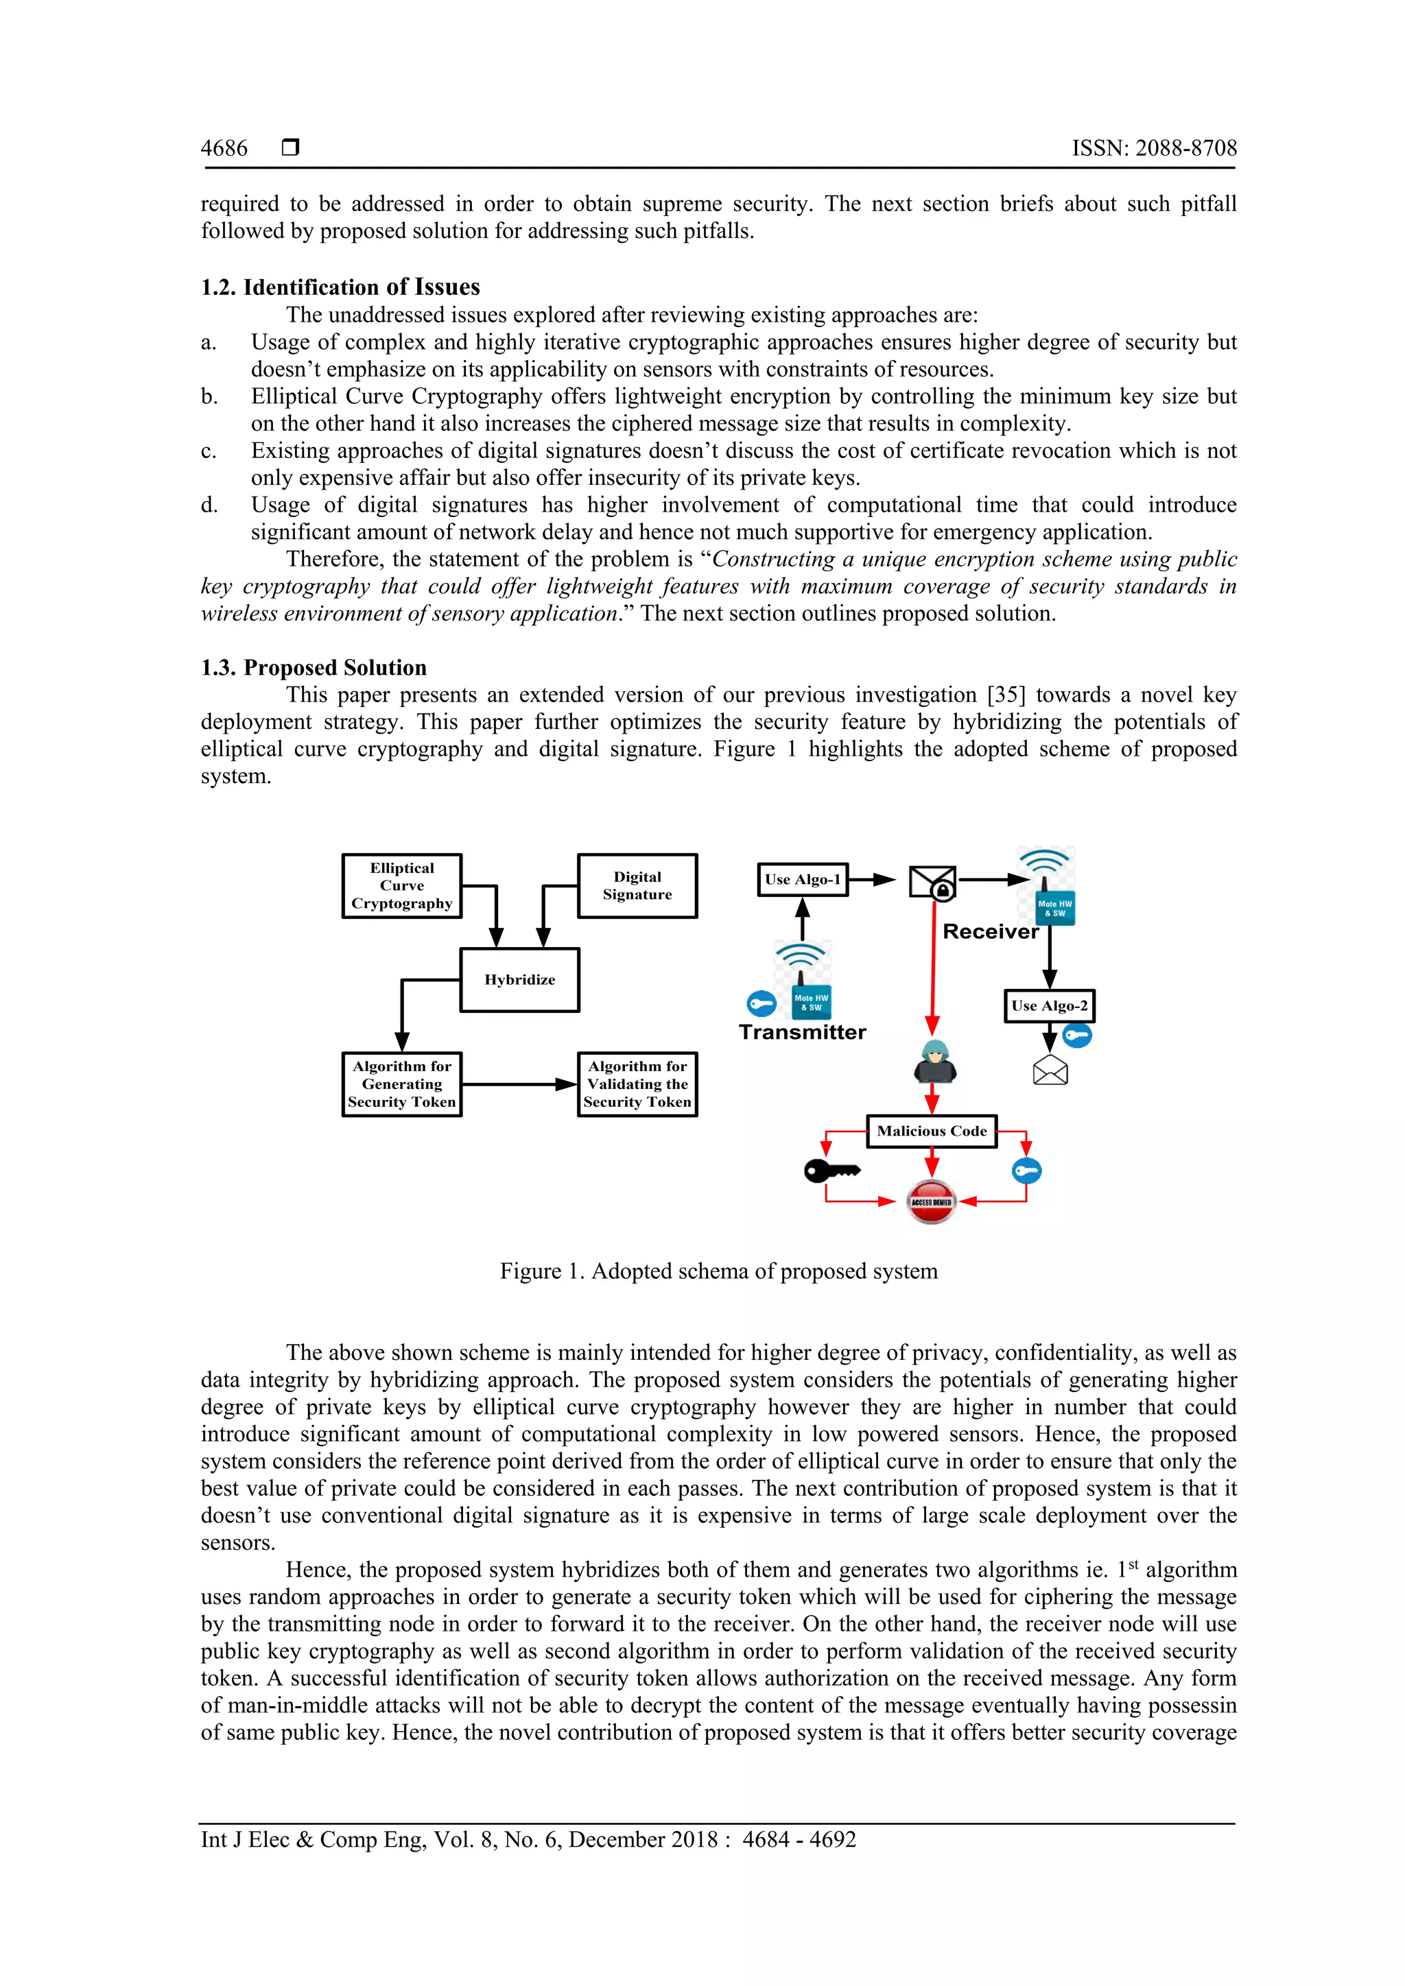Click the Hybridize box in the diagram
pos(519,980)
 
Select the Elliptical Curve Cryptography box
pos(401,886)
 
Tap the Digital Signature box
pos(637,886)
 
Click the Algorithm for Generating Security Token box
pos(401,1084)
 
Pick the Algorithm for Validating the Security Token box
pos(637,1084)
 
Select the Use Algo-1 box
pos(802,880)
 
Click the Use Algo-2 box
pos(1048,1006)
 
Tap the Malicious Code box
pos(931,1132)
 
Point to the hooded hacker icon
pos(934,1062)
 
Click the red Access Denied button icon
pos(931,1201)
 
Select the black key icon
pos(831,1171)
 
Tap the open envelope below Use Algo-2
pos(1050,1071)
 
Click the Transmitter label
pos(802,1032)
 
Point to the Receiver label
pos(990,931)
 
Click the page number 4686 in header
pos(224,148)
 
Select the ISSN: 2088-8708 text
pos(1154,148)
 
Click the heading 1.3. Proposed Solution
pos(314,668)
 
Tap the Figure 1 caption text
pos(718,1271)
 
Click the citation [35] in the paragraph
pos(1005,695)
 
